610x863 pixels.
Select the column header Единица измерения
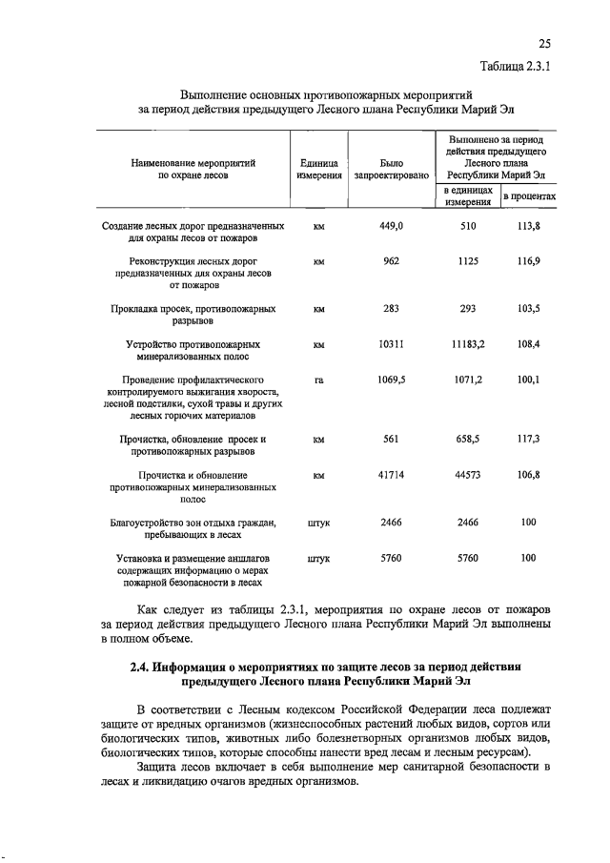click(x=319, y=170)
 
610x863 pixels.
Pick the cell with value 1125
click(x=468, y=260)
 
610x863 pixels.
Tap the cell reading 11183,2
click(x=468, y=343)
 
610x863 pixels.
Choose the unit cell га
click(x=319, y=380)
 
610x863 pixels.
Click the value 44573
click(x=468, y=474)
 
